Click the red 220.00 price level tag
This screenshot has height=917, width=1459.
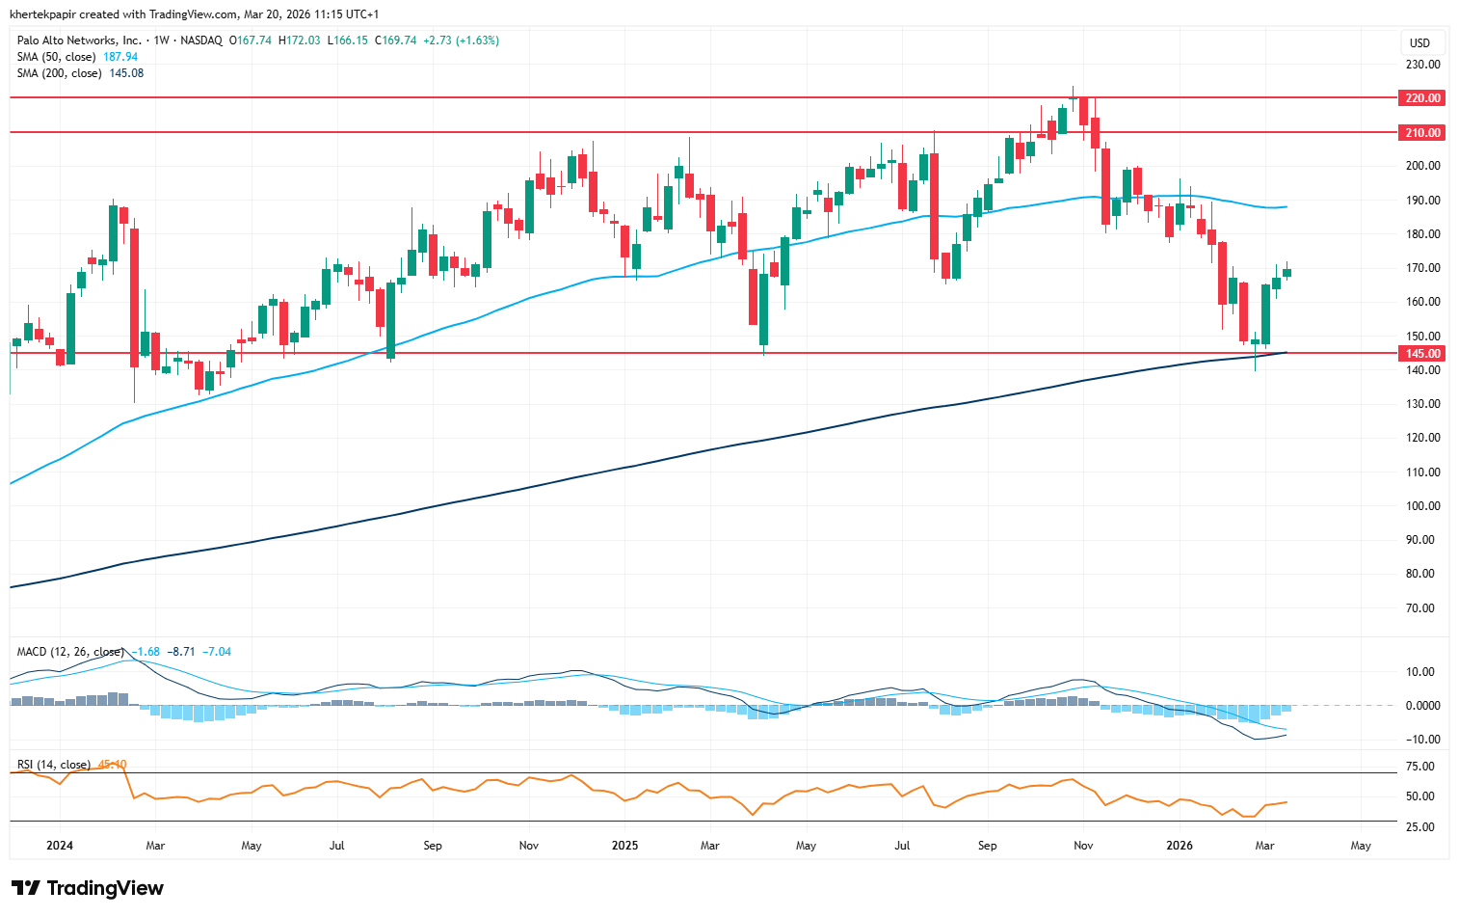1421,98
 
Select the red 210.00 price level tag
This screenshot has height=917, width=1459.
1421,133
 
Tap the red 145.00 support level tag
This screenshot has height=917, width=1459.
1421,354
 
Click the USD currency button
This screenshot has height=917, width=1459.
1419,42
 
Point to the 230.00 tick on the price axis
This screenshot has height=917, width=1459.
1422,65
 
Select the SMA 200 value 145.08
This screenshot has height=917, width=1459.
127,73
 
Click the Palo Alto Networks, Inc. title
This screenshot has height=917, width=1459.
79,40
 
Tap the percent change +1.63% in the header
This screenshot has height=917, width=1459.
479,40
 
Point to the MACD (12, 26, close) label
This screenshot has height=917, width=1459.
70,652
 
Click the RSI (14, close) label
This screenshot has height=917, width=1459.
54,765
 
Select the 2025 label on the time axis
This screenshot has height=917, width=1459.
624,846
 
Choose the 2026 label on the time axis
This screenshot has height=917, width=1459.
1180,846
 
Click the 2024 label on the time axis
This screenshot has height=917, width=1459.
60,846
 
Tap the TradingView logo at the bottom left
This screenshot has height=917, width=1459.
88,888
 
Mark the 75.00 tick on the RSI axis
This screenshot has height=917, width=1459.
1420,768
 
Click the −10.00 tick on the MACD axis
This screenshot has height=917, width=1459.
1420,740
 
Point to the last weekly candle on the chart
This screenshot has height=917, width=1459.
1287,272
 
